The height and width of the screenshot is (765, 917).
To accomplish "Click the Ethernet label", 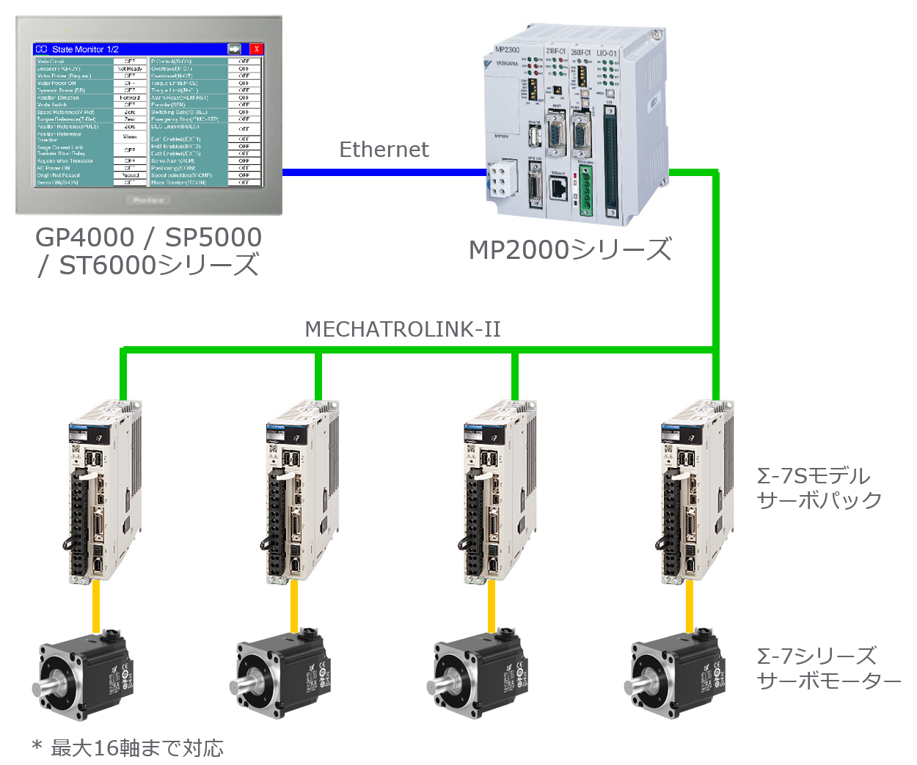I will pos(384,150).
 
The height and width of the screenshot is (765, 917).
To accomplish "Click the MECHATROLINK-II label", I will pos(402,329).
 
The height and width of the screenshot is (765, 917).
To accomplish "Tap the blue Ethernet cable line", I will pos(381,172).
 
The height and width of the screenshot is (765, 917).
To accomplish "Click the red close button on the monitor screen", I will pos(256,49).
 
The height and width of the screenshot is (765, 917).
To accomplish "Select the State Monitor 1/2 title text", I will pos(85,49).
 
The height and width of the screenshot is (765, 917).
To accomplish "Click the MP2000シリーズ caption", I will pos(570,250).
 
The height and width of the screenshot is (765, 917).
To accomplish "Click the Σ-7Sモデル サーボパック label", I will pos(819,488).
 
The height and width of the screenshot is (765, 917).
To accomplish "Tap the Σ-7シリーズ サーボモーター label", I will pos(828,668).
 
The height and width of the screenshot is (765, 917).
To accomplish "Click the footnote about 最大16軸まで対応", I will pos(128,748).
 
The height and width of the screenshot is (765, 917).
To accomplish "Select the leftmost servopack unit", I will pos(105,491).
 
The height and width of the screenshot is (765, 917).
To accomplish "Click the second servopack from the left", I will pos(301,491).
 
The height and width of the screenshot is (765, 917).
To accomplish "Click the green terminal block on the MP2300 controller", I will pos(585,191).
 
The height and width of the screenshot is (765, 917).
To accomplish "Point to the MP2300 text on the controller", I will pos(507,50).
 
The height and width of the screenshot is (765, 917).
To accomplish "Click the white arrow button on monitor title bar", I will pos(234,49).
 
